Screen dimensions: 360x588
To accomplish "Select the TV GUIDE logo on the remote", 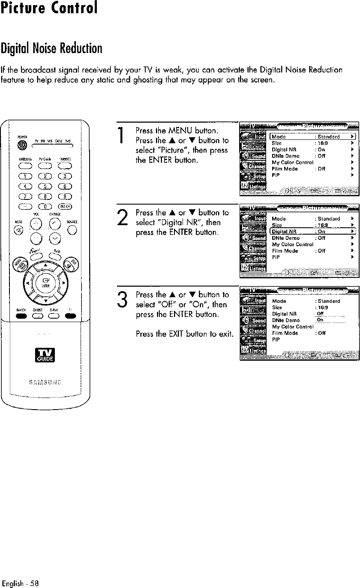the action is pyautogui.click(x=46, y=355).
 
